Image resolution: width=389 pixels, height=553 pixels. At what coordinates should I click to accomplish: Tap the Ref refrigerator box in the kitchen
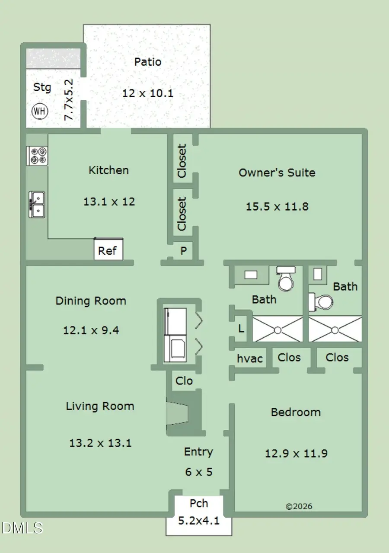pos(108,249)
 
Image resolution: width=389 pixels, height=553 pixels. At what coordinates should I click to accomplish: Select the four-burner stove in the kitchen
pos(37,156)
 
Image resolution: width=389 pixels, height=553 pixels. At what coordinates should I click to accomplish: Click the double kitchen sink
pos(37,205)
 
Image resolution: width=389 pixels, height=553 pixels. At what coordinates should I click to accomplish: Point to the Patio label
pos(148,62)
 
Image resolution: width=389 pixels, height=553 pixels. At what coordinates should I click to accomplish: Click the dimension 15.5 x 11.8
pos(277,206)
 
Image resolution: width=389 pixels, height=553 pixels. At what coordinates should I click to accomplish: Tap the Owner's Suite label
pos(277,173)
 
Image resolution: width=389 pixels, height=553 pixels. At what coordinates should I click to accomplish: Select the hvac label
pos(250,358)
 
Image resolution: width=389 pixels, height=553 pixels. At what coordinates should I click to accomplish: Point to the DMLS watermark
pos(22,528)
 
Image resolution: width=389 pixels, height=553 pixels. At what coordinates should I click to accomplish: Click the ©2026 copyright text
pos(299,507)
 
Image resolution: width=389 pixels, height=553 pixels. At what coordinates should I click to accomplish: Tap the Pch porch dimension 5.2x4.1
pos(199,521)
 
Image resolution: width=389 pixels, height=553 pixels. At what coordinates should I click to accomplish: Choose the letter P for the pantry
pos(184,251)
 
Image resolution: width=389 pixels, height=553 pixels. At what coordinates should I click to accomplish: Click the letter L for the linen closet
pos(241,328)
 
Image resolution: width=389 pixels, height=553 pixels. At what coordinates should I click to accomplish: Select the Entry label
pos(198,452)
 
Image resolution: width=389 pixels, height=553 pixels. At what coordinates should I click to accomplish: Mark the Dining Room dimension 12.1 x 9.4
pos(91,330)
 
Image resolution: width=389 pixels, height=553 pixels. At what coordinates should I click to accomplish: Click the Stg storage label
pos(42,87)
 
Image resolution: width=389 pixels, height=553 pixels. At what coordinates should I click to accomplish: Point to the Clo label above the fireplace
pos(184,380)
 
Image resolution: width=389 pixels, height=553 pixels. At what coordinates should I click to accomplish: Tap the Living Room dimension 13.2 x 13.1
pos(100,443)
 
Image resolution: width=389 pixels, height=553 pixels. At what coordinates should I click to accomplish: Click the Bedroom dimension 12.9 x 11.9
pos(296,454)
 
